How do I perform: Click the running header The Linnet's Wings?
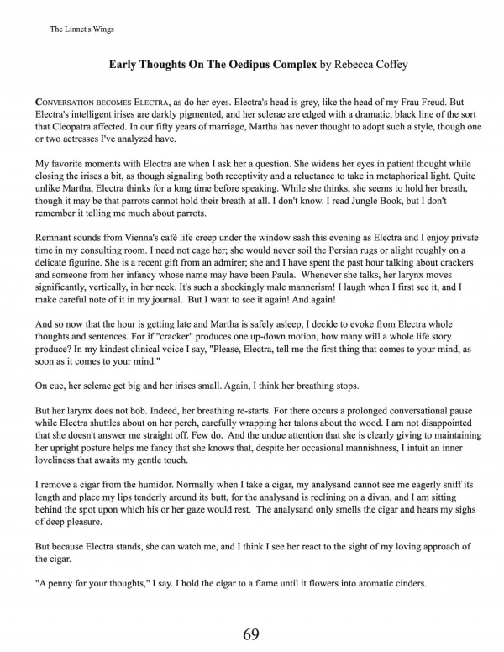pos(82,29)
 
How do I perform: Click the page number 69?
pos(251,634)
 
